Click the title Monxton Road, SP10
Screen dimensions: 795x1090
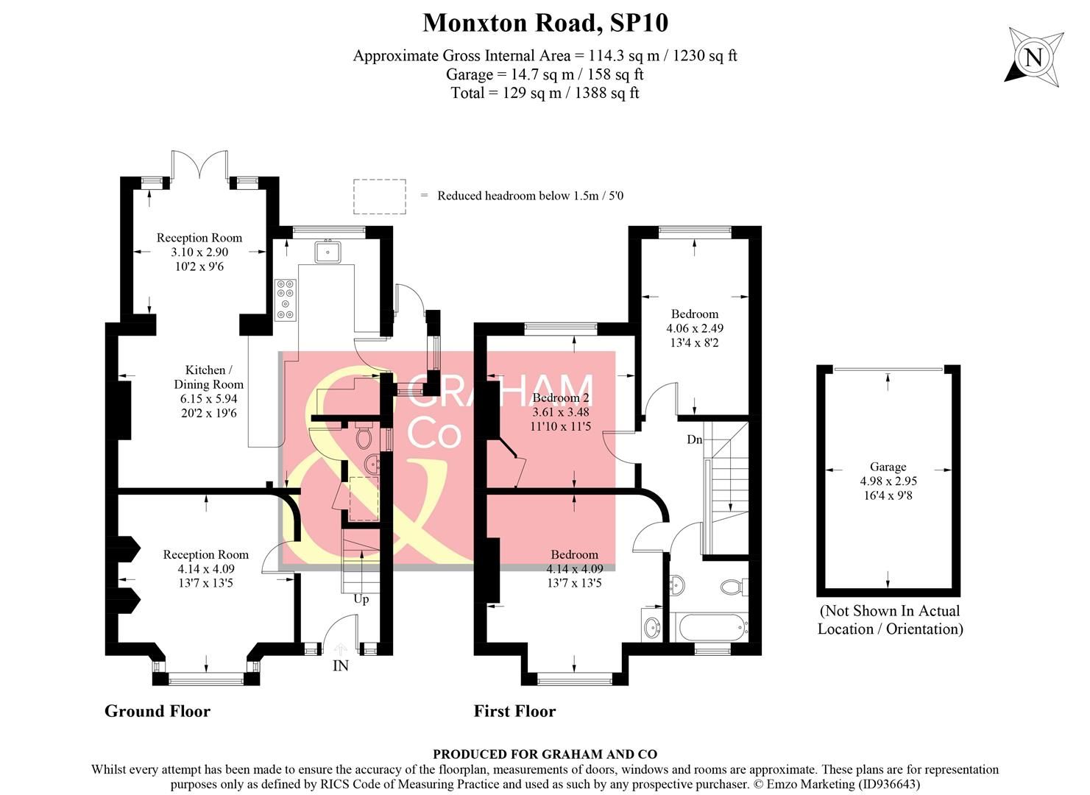coord(545,23)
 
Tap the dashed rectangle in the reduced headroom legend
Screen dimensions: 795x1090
coord(379,197)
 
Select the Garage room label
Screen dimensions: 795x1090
coord(888,467)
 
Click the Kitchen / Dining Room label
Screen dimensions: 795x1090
coord(208,377)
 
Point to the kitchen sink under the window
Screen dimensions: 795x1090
coord(327,252)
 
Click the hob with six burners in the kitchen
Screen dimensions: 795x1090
coord(286,300)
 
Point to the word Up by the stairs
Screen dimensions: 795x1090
coord(361,599)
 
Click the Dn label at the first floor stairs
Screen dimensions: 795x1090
coord(694,439)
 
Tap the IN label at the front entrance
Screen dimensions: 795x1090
coord(341,666)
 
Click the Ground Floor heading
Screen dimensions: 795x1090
coord(157,711)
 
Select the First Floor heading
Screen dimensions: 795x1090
coord(514,711)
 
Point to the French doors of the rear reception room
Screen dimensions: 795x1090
coord(199,164)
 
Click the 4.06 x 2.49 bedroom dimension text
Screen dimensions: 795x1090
coord(694,328)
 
